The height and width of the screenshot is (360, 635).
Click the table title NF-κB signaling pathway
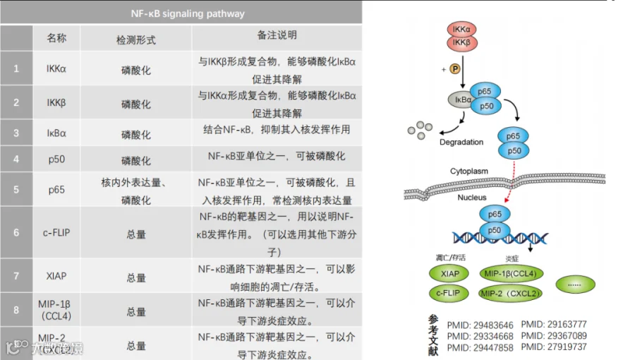coord(188,13)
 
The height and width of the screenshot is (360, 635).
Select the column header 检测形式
coord(135,39)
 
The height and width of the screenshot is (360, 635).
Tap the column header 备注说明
coord(277,35)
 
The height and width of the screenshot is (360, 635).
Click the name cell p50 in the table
coord(56,160)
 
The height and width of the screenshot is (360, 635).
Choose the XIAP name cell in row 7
coord(56,276)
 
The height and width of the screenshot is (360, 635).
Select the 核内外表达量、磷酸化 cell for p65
coord(135,191)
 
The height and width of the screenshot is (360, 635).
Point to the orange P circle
coord(455,69)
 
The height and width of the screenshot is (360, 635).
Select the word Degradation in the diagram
coord(461,142)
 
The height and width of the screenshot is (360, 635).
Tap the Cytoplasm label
coord(469,172)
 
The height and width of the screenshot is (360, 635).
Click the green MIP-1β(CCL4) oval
coord(510,274)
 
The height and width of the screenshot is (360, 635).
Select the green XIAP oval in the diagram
coord(449,274)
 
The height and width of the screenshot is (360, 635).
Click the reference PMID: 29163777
coord(554,325)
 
